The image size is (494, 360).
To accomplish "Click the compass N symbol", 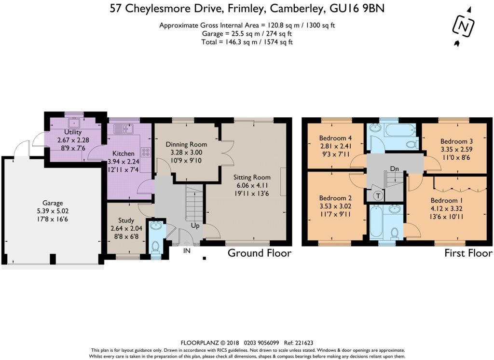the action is pos(463,27).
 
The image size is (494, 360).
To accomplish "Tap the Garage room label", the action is pos(53,203).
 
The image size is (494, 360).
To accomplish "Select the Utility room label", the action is pos(73,132).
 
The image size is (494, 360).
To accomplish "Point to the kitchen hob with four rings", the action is pos(146,152).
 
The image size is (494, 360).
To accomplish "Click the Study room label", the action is pos(126,221).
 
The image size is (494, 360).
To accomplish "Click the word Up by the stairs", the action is pos(195,226).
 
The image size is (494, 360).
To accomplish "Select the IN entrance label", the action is pos(187,251).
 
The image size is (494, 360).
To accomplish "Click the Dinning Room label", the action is pos(187,145).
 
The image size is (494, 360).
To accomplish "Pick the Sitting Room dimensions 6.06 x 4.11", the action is pos(252,185).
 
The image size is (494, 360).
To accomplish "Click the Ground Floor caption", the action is pos(259,253).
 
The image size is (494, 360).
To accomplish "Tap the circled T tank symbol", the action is pos(378,196).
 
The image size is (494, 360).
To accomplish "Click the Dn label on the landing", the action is pos(395,169).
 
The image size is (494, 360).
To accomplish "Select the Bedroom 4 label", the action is pos(335,138).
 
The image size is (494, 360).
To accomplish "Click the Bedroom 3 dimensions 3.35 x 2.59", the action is pos(456,150).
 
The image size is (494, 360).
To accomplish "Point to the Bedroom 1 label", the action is pos(444,200).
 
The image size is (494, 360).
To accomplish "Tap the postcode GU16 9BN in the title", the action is pos(357,9).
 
